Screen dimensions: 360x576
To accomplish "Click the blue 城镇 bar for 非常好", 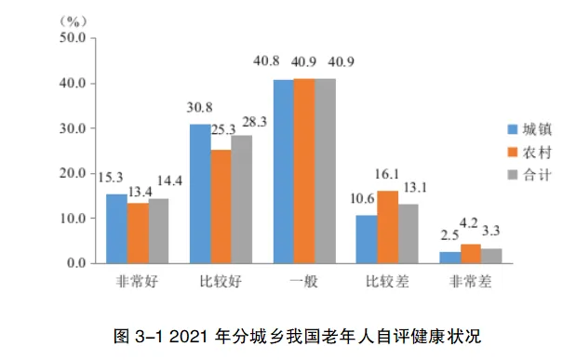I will [x=116, y=229].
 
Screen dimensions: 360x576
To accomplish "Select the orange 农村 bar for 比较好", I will [x=221, y=207].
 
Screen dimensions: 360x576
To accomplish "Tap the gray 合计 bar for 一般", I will [x=325, y=171].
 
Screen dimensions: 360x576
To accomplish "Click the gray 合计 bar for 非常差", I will [x=491, y=256].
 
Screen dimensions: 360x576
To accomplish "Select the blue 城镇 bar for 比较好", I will [x=200, y=193].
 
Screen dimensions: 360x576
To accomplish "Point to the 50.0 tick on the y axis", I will [x=72, y=38].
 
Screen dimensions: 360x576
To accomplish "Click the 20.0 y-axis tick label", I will [x=72, y=173].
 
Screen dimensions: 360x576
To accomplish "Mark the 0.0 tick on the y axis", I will [x=75, y=263].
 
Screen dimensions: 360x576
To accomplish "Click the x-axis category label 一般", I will [x=303, y=282].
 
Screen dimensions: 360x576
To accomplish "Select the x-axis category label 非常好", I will [x=136, y=282].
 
